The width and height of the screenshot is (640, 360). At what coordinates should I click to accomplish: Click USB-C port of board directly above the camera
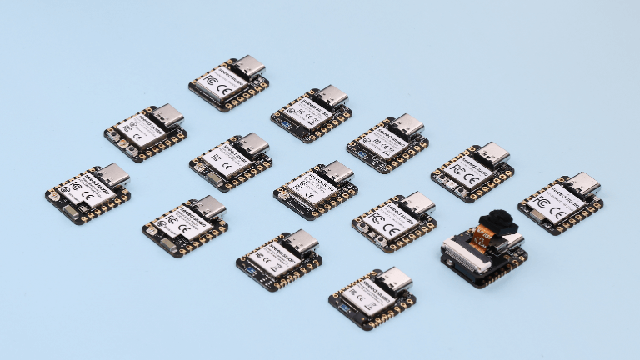pyautogui.click(x=492, y=154)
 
